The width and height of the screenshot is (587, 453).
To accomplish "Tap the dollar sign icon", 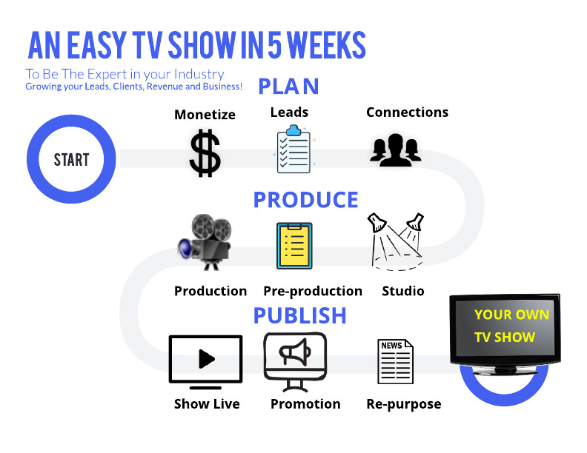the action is click(205, 153).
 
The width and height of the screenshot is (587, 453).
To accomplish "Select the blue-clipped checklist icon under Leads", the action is click(294, 150).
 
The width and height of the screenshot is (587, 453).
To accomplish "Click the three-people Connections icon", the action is click(396, 150).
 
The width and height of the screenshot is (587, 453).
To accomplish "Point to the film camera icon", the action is click(205, 241).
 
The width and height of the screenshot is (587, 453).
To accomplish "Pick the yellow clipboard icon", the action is click(294, 246).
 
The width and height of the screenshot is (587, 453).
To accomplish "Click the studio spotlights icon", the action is click(396, 241).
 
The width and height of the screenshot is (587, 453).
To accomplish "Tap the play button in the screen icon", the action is click(206, 359).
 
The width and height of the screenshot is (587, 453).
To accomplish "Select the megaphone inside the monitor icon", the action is click(295, 352).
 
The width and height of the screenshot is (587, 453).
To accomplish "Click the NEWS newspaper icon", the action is click(395, 361).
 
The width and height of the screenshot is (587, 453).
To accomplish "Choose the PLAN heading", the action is click(288, 87).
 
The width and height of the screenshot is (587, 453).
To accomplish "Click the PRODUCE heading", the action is click(306, 200).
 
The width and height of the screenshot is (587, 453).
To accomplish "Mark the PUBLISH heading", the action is click(300, 315).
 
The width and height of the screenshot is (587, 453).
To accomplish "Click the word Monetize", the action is click(205, 115).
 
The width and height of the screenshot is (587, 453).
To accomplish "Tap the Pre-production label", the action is click(313, 291).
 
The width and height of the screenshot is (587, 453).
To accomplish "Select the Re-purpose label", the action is click(403, 404).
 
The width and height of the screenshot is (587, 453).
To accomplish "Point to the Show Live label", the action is click(207, 403).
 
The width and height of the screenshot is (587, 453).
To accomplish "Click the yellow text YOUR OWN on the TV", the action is click(511, 315).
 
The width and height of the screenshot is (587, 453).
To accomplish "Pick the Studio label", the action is click(402, 291).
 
